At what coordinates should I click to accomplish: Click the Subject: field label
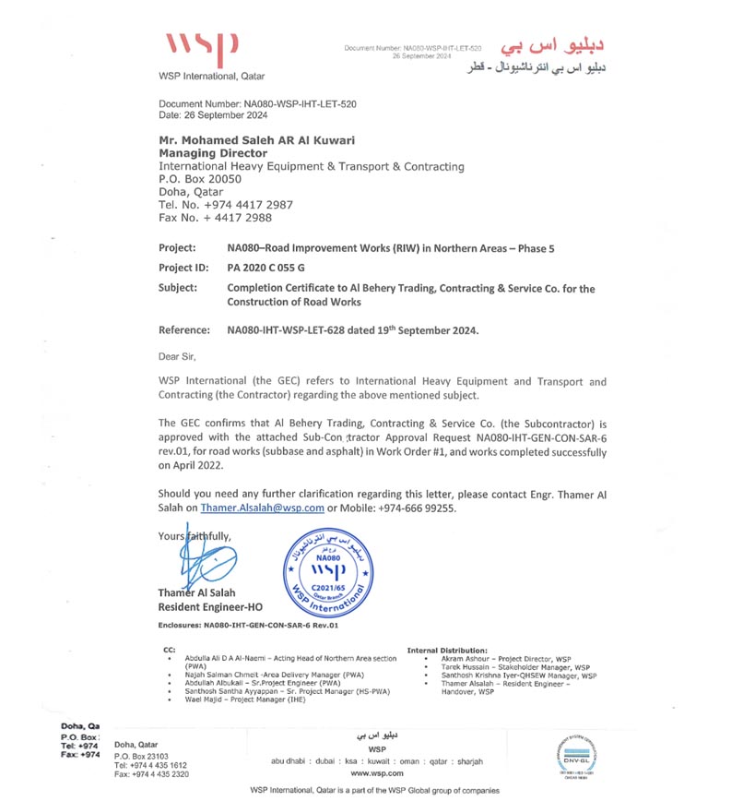[x=178, y=288]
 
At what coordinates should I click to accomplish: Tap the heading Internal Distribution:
[x=448, y=651]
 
